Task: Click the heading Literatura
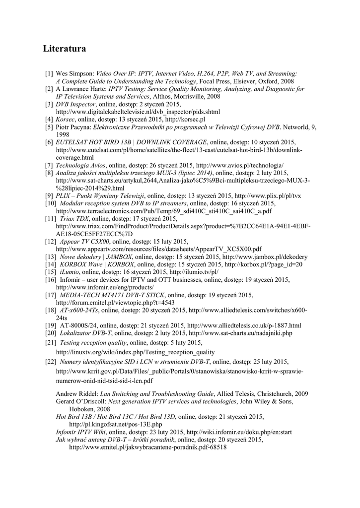(x=65, y=49)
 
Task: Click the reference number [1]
(x=49, y=73)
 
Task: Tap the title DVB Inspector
(x=74, y=104)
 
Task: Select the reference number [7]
(x=49, y=165)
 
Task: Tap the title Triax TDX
(x=73, y=219)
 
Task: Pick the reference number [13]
(x=51, y=257)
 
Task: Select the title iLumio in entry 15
(x=70, y=272)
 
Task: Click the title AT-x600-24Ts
(x=79, y=311)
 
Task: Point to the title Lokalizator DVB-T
(x=86, y=333)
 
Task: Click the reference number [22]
(x=51, y=362)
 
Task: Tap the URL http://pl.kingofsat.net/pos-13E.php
(x=116, y=425)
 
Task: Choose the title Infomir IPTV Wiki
(x=80, y=432)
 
